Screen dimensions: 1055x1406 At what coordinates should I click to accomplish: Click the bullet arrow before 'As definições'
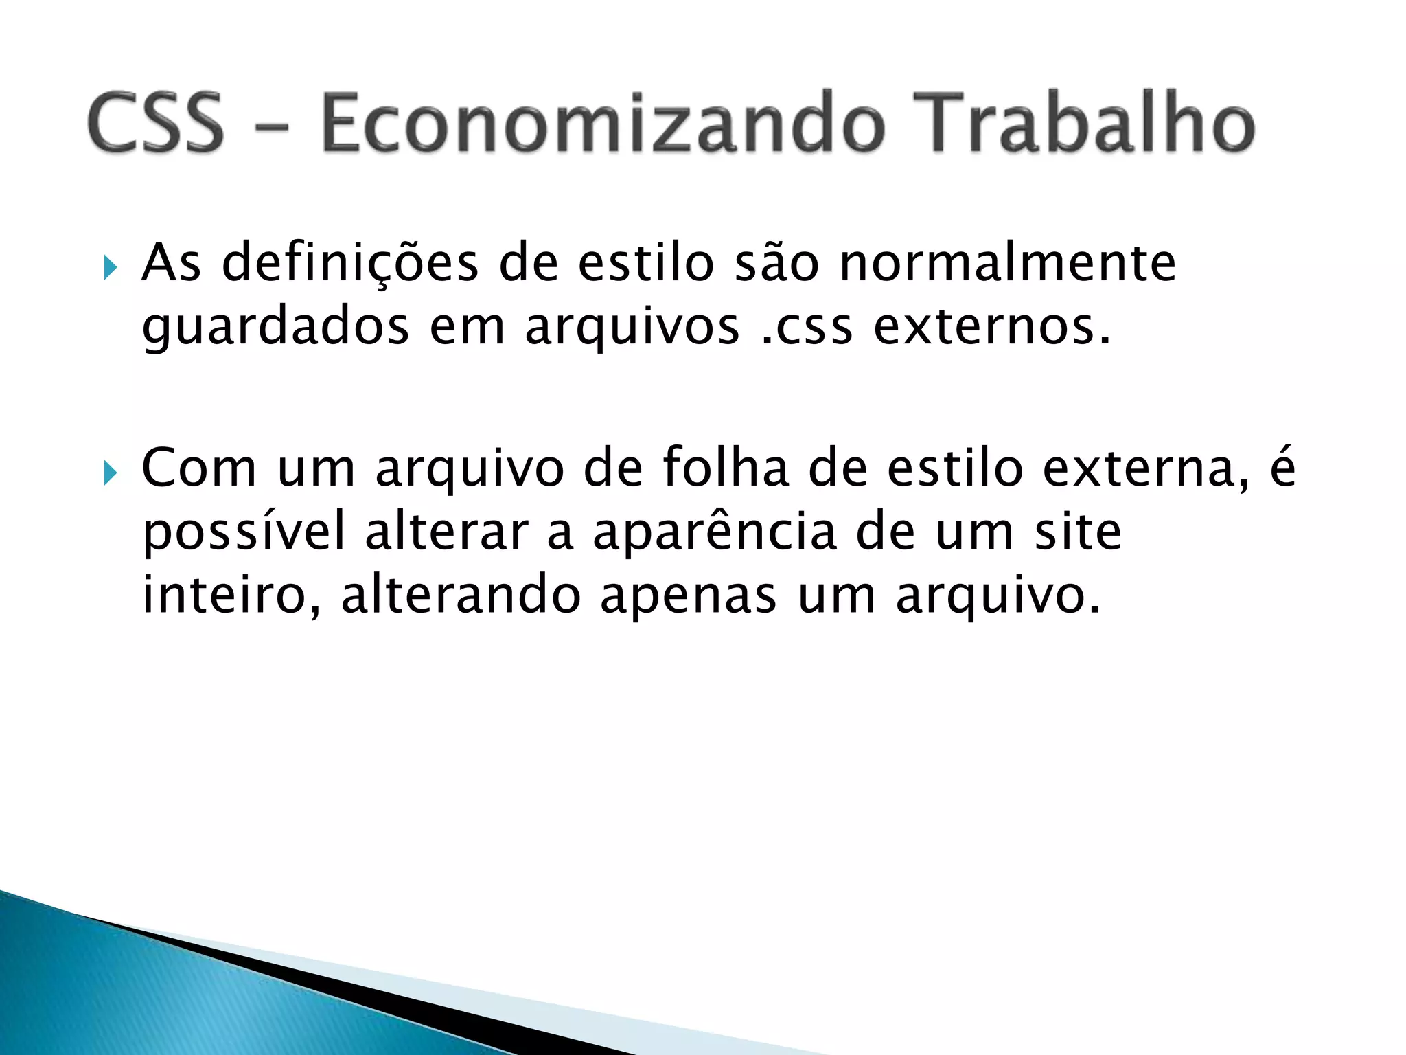(110, 266)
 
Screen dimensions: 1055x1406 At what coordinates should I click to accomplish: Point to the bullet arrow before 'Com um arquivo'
(110, 473)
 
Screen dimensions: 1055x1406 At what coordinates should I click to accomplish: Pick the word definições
(350, 264)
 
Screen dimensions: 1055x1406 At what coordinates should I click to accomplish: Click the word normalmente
(1008, 264)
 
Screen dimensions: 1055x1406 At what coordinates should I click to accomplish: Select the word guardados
(275, 327)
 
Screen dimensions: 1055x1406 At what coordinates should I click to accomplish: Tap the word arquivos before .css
(632, 327)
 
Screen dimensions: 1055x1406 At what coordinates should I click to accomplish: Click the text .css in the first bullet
(807, 327)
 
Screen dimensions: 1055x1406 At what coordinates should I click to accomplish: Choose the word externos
(991, 327)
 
